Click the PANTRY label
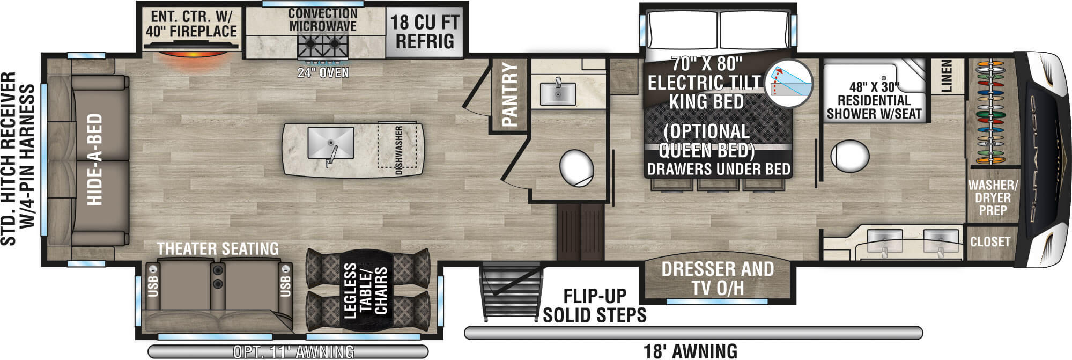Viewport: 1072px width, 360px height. coord(509,95)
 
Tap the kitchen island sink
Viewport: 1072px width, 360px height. coord(330,143)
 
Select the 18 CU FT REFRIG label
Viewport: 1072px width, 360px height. coord(425,32)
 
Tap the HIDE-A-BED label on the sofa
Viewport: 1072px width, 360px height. coord(94,159)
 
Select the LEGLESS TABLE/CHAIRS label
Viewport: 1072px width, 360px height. coord(365,290)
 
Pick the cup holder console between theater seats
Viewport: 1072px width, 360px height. coord(217,277)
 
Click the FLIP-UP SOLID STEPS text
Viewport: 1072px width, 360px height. coord(594,305)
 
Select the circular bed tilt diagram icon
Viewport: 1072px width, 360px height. coord(788,84)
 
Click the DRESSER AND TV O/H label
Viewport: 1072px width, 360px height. coord(718,278)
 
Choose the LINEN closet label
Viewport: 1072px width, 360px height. coord(946,76)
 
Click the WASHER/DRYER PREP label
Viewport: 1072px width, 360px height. coord(993,197)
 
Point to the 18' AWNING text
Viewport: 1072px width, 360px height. coord(690,351)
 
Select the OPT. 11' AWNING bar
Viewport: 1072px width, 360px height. coord(288,351)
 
